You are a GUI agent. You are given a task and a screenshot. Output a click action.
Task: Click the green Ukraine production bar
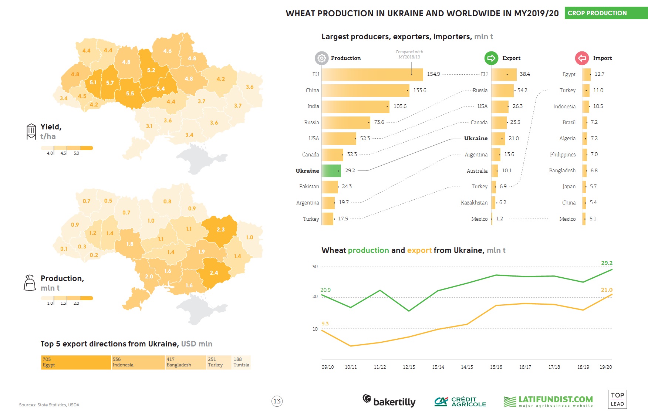(x=331, y=171)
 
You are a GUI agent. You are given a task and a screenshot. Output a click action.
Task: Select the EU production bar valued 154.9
(x=372, y=74)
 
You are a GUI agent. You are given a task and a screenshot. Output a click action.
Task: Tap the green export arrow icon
(x=491, y=58)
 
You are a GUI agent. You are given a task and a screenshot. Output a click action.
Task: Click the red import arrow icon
(x=582, y=58)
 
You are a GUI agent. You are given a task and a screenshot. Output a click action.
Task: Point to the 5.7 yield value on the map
(x=110, y=83)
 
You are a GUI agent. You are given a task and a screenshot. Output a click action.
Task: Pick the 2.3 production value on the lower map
(x=220, y=230)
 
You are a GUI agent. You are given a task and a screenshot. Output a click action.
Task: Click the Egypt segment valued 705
(x=76, y=362)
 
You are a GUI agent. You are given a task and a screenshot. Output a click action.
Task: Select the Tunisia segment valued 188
(x=241, y=362)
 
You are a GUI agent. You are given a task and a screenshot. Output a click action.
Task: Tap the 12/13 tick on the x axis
(x=409, y=367)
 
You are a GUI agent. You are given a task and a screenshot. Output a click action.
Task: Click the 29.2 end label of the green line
(x=607, y=263)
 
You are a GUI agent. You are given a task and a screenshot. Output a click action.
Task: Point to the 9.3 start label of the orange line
(x=325, y=324)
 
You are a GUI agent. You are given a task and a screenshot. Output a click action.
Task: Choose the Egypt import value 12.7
(x=599, y=74)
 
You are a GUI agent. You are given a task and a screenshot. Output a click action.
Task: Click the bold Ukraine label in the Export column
(x=476, y=138)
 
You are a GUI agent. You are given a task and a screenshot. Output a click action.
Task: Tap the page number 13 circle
(x=277, y=401)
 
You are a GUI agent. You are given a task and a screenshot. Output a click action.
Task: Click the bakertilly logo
(x=389, y=400)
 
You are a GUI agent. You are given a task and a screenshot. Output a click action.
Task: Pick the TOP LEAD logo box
(x=617, y=399)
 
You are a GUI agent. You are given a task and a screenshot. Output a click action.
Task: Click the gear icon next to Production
(x=321, y=58)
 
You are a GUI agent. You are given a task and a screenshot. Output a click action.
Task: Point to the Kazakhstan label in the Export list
(x=474, y=203)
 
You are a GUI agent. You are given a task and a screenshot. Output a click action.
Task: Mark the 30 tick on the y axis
(x=315, y=266)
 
